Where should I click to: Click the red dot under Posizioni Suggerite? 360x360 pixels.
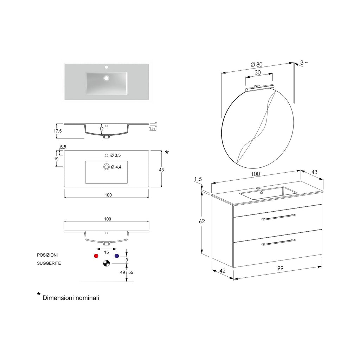point(96,256)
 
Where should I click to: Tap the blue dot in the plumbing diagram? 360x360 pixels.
point(117,256)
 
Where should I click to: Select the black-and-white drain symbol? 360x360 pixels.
point(106,263)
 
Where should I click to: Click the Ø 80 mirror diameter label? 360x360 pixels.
point(256,64)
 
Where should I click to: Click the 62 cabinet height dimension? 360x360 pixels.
point(201,221)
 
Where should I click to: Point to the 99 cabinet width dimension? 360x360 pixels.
point(280,268)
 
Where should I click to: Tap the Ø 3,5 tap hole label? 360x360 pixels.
point(115,155)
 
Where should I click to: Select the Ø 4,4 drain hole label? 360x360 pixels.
point(116,167)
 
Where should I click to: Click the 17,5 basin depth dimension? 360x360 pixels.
point(58,131)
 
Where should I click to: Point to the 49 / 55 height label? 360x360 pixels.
point(126,272)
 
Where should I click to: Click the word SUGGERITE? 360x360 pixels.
point(49,263)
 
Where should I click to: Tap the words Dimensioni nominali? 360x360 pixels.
point(71,298)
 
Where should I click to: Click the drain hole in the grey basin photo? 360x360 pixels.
point(106,78)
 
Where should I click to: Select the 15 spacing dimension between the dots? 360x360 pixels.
point(106,252)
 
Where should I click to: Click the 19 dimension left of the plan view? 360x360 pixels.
point(56,159)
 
